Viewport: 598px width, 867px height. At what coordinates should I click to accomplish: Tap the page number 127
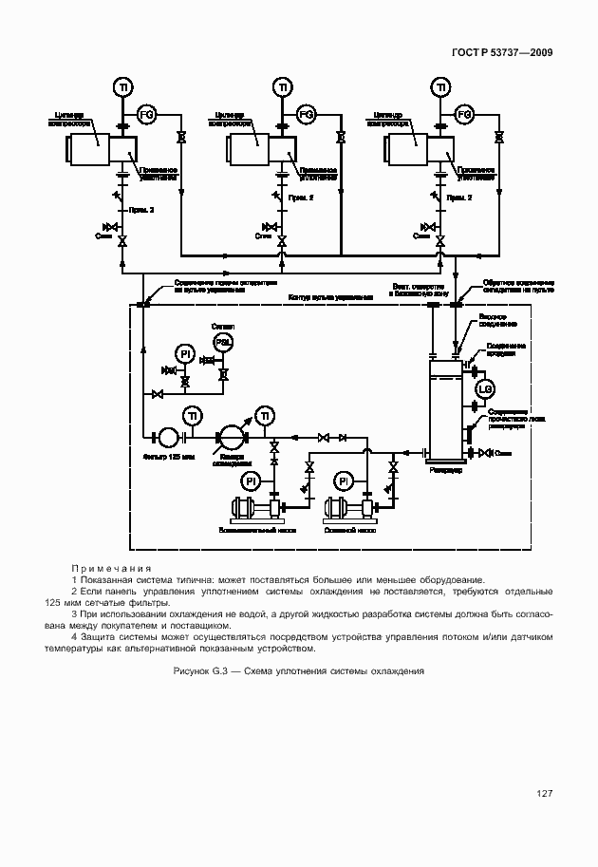point(543,794)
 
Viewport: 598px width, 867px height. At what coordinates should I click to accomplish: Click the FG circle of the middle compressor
point(307,115)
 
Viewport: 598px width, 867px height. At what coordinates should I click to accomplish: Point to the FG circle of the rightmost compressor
point(465,115)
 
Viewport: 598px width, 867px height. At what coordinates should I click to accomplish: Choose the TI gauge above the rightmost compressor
point(440,88)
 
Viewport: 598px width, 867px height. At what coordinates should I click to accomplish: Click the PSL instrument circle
point(223,343)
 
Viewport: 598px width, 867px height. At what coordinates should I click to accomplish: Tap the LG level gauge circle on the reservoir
point(483,388)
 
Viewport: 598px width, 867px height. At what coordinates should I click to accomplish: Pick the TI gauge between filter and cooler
point(193,416)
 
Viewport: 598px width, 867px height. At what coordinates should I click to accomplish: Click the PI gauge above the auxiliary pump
point(251,481)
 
